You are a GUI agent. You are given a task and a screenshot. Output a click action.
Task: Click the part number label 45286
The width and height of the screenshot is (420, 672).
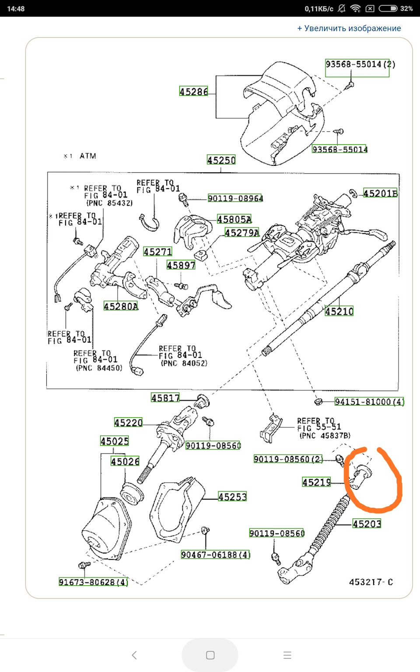193,91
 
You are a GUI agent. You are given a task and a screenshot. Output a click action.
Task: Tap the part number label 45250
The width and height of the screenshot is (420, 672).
221,160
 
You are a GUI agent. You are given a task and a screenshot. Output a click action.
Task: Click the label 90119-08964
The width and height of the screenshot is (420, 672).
235,198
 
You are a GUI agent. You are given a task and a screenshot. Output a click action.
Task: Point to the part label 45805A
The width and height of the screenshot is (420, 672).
234,219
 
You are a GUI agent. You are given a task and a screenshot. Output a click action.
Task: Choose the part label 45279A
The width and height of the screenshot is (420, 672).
242,233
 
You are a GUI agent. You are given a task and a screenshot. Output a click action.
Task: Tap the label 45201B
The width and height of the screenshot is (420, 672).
380,193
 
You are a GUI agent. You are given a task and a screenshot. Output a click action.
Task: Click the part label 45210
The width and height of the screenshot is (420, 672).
339,311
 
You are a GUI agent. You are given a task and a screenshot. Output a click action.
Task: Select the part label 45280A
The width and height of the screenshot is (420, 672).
121,306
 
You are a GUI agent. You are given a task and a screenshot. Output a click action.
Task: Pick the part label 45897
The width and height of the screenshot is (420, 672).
181,265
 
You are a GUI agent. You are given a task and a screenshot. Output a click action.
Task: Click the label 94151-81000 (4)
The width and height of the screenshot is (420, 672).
369,402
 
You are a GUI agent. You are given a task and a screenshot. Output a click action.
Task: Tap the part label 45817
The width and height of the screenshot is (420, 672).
165,398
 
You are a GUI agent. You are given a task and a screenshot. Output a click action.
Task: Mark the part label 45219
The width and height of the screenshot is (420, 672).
317,482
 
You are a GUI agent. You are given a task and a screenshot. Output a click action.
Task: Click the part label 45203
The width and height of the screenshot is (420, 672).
367,524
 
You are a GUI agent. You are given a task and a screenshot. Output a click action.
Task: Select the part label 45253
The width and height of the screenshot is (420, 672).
232,497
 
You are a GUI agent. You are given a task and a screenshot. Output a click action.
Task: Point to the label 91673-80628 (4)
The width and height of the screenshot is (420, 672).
93,582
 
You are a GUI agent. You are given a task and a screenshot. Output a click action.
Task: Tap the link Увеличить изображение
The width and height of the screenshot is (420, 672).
349,28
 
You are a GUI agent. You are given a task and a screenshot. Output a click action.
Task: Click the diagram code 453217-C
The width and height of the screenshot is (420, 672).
371,582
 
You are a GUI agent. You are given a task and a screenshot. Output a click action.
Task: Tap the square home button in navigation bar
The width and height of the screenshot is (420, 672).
210,655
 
